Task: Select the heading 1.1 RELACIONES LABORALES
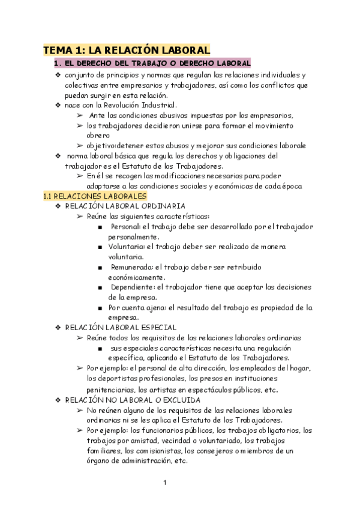pos(95,196)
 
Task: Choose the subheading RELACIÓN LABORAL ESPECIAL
pos(121,328)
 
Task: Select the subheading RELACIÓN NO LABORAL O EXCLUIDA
pos(133,399)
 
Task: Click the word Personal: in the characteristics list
pos(125,226)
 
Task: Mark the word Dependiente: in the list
pos(133,288)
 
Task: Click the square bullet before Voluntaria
pos(99,247)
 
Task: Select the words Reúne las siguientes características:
pos(148,216)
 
